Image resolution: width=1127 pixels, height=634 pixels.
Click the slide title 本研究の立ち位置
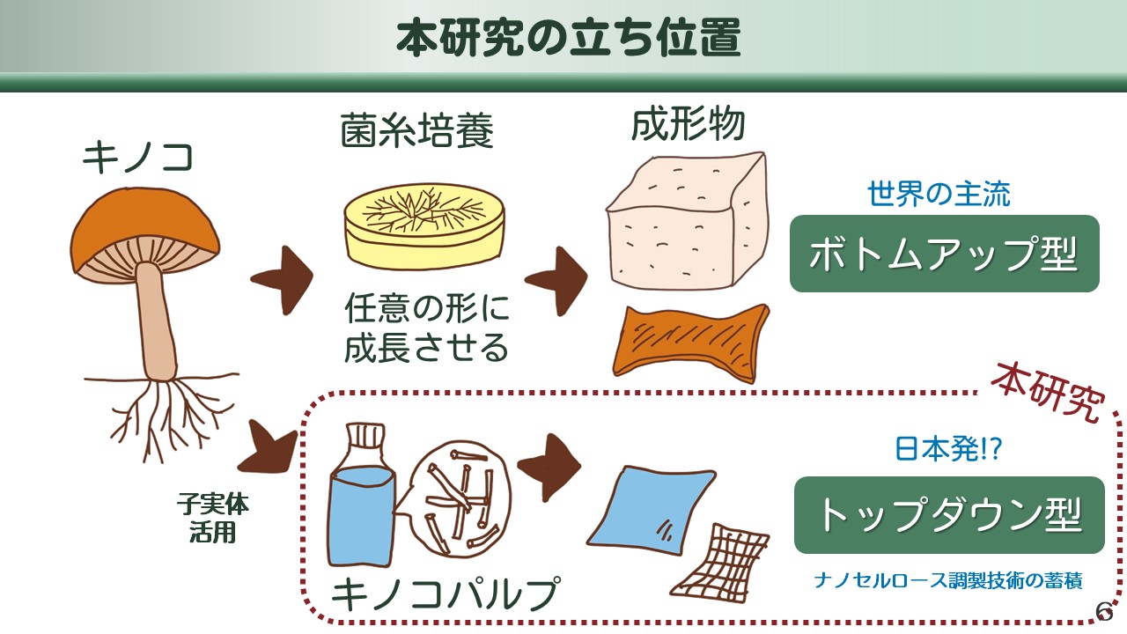click(x=569, y=38)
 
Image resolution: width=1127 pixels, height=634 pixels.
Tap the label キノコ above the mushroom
click(x=138, y=157)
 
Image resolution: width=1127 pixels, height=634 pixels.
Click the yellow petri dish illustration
click(x=424, y=226)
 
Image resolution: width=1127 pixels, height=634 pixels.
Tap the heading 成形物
click(x=688, y=124)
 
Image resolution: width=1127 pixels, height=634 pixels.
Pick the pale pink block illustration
click(x=688, y=221)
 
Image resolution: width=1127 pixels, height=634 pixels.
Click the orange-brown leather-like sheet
click(x=691, y=343)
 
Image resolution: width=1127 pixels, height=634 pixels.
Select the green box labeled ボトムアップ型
click(x=945, y=254)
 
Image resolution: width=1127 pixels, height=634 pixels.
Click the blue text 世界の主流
click(x=939, y=194)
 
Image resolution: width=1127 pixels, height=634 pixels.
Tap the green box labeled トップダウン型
click(x=949, y=515)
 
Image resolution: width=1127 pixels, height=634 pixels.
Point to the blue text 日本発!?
click(x=948, y=448)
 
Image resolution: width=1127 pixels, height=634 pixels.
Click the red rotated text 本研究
click(x=1049, y=393)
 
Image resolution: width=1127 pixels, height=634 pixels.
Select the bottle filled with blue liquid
click(x=361, y=496)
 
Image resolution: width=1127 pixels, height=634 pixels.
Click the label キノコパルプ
click(x=446, y=593)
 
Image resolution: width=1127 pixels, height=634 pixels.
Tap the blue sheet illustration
click(x=651, y=511)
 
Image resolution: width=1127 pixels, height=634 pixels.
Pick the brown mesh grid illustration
click(x=719, y=564)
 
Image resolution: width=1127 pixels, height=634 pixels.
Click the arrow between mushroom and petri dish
click(x=283, y=280)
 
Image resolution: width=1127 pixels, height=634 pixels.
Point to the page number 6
click(x=1105, y=611)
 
